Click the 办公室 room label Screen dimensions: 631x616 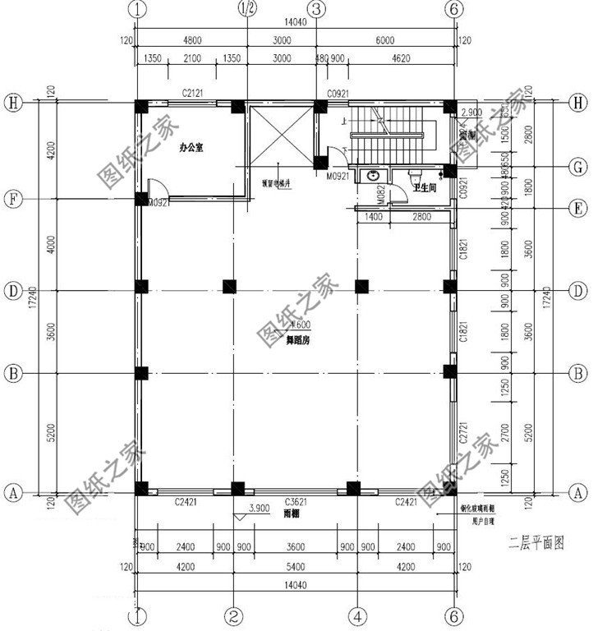pyautogui.click(x=191, y=150)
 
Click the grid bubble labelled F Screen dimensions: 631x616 pyautogui.click(x=11, y=198)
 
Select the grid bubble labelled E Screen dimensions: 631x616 pyautogui.click(x=579, y=209)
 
